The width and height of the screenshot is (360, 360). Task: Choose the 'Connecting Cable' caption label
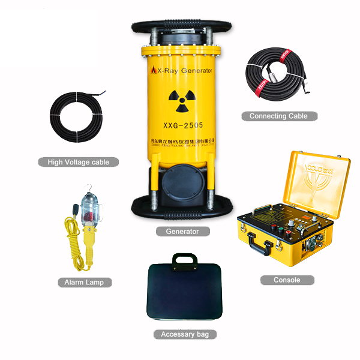[279, 116]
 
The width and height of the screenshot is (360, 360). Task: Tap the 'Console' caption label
[287, 280]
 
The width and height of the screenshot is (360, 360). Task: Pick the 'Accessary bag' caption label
[184, 334]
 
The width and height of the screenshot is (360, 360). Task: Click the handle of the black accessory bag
[185, 259]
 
